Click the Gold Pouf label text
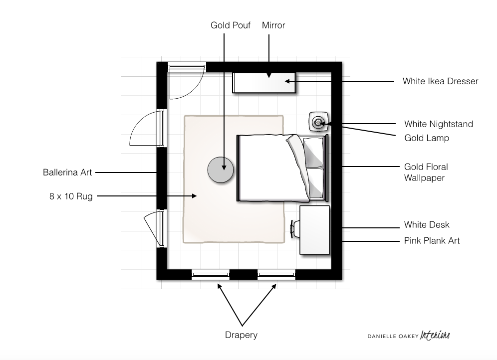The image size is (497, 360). [230, 25]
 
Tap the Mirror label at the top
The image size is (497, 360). [273, 25]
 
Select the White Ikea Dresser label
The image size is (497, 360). [440, 81]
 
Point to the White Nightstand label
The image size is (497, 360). [438, 124]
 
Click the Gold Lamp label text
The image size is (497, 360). [426, 138]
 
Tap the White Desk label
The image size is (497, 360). [427, 225]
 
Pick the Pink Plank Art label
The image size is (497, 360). [432, 240]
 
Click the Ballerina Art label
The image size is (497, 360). [67, 173]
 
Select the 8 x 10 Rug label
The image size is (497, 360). [71, 196]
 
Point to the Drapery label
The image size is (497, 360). [241, 335]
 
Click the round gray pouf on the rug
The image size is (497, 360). [221, 170]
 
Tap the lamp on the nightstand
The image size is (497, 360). [318, 121]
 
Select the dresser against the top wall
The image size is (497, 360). [264, 82]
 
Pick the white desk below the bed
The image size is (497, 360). [314, 229]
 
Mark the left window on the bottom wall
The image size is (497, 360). [211, 274]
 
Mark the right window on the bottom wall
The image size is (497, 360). [276, 274]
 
